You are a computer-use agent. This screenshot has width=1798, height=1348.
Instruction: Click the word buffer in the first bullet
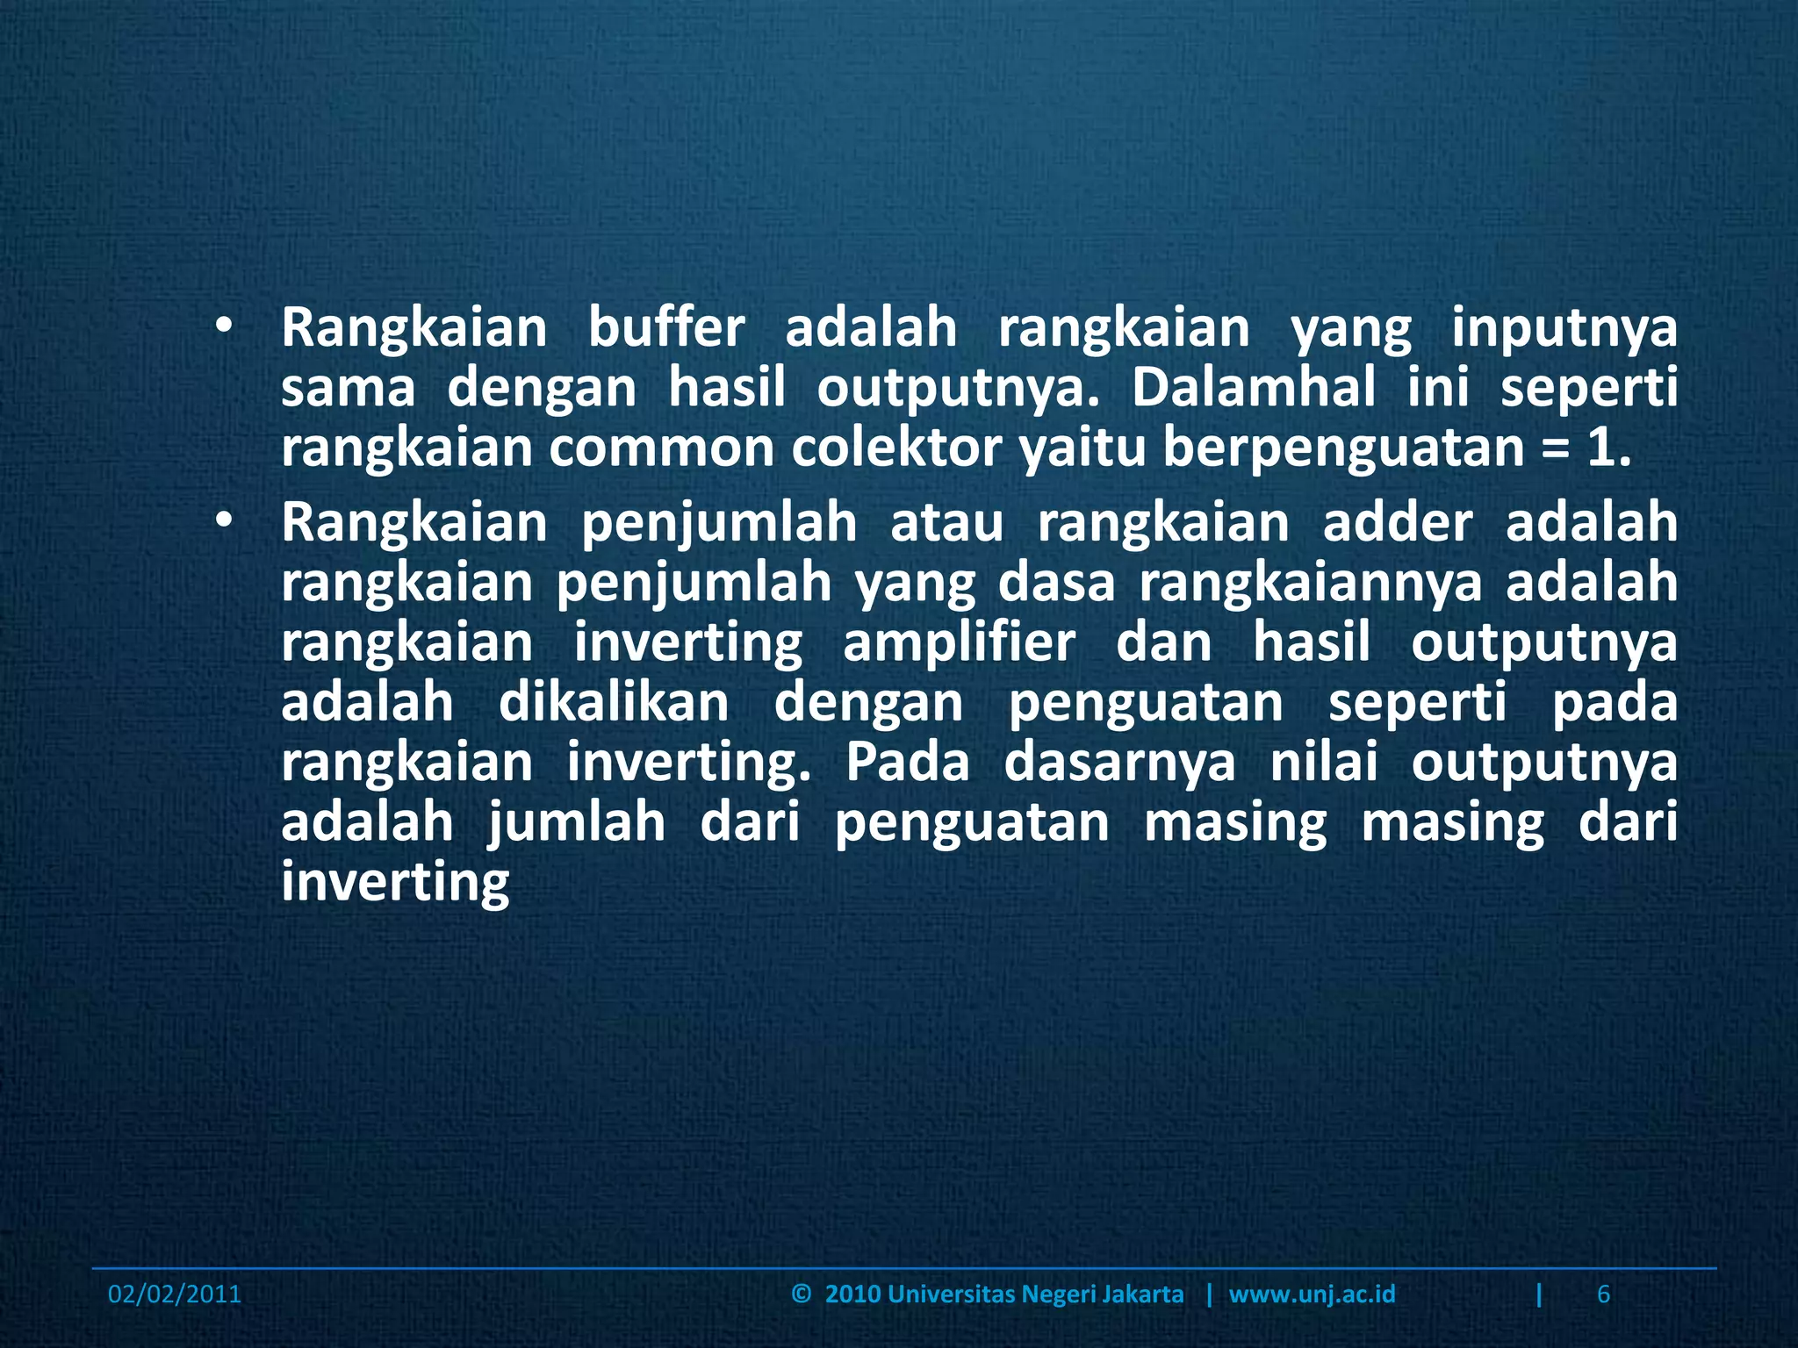coord(665,328)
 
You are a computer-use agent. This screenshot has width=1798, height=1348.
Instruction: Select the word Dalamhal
coord(1253,388)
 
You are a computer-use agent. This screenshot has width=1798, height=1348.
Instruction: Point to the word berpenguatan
coord(1343,449)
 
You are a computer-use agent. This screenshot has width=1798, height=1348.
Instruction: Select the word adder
coord(1397,523)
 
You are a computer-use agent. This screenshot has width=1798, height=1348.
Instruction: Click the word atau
coord(946,523)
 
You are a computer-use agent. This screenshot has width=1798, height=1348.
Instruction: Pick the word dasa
coord(1056,583)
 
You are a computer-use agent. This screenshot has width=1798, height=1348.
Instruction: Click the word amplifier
coord(959,642)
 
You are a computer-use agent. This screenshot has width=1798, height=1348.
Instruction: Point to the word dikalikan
coord(614,702)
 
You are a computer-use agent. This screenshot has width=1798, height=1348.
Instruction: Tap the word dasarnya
coord(1119,762)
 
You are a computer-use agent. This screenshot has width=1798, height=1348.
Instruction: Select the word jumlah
coord(577,823)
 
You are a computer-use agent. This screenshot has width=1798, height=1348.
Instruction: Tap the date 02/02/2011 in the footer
coord(174,1294)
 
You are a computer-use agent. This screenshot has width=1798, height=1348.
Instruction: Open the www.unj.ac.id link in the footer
coord(1312,1294)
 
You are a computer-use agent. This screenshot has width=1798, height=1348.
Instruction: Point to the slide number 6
coord(1603,1294)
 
